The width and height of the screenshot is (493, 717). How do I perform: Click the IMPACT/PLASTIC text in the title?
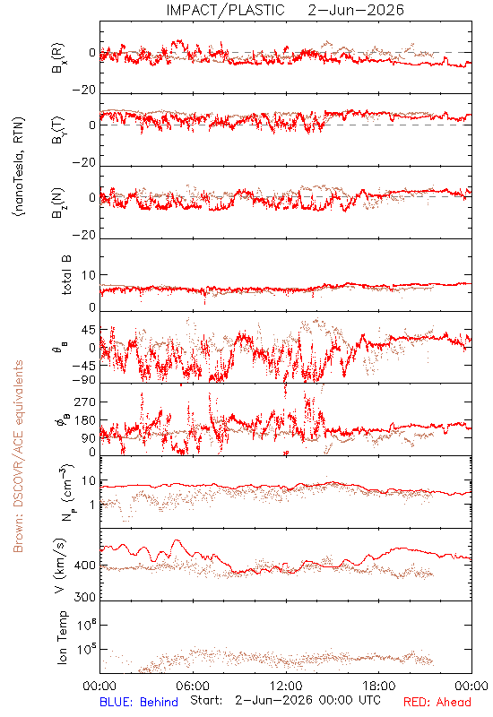coord(225,10)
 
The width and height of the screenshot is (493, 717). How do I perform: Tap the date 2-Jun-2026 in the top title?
coord(356,10)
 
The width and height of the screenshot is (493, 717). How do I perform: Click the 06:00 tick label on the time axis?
coord(193,686)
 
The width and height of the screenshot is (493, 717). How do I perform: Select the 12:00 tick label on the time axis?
coord(286,686)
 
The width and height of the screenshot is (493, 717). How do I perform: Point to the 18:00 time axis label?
coord(379,686)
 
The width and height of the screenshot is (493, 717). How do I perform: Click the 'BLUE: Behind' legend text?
coord(139,702)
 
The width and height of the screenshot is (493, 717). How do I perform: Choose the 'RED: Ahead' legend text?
coord(437,702)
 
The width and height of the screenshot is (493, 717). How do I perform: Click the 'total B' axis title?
coord(66,275)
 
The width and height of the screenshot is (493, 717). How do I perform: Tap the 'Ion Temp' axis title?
coord(62,637)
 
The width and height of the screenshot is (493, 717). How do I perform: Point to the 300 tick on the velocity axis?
coord(84,597)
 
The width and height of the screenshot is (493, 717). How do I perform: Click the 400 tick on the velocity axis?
coord(84,566)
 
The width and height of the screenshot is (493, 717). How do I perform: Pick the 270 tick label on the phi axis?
coord(84,402)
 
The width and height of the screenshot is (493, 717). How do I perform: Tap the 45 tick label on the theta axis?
coord(88,330)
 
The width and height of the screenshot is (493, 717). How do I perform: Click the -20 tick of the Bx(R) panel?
coord(84,91)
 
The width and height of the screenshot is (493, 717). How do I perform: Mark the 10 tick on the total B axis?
coord(89,275)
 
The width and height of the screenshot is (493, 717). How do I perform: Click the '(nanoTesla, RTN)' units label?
coord(19,167)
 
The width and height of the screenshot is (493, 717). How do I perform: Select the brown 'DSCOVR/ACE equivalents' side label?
coord(18,457)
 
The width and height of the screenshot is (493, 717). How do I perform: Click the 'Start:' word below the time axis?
coord(206,701)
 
